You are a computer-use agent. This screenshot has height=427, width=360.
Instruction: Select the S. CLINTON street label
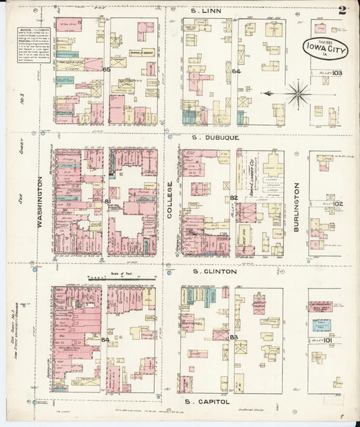[x=214, y=271]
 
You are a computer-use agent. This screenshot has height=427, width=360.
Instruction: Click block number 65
[x=106, y=70]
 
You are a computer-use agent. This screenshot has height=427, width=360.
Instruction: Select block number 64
[x=236, y=72]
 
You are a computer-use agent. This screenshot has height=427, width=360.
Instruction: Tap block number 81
[x=107, y=201]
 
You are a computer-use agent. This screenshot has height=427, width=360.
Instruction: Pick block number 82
[x=234, y=198]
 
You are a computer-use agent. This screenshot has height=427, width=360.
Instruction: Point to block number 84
[x=105, y=340]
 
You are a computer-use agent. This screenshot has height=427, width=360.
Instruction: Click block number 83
[x=234, y=336]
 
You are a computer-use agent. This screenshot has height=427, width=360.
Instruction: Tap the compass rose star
[x=297, y=93]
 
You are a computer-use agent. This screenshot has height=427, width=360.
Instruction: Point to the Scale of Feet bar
[x=104, y=278]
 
